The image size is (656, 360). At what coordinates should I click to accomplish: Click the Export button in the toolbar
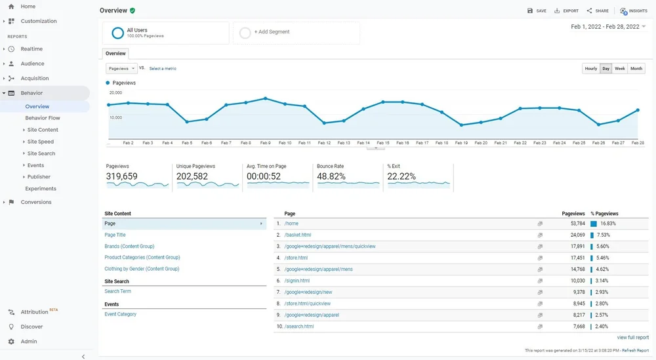(566, 11)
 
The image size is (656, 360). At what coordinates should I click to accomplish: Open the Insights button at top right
(634, 11)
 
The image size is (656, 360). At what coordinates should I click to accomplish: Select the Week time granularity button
(619, 68)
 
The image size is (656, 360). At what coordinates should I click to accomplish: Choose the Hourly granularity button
(590, 68)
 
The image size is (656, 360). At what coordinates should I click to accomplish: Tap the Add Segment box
(297, 32)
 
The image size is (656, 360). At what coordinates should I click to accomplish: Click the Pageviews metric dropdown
(121, 68)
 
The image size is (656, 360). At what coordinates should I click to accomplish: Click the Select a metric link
(163, 69)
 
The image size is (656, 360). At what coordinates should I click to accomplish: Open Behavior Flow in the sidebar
(43, 118)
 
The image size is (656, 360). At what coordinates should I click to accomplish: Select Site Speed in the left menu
(41, 142)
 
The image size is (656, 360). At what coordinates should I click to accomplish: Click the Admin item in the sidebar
(29, 342)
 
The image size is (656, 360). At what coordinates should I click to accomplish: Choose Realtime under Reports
(31, 49)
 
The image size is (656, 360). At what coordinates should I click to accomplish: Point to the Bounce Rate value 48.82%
(331, 176)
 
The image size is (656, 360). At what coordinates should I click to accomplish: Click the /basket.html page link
(298, 235)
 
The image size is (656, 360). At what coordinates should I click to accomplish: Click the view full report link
(632, 338)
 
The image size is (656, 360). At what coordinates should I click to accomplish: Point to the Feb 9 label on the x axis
(265, 143)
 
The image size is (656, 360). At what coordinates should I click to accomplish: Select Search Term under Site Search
(117, 291)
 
